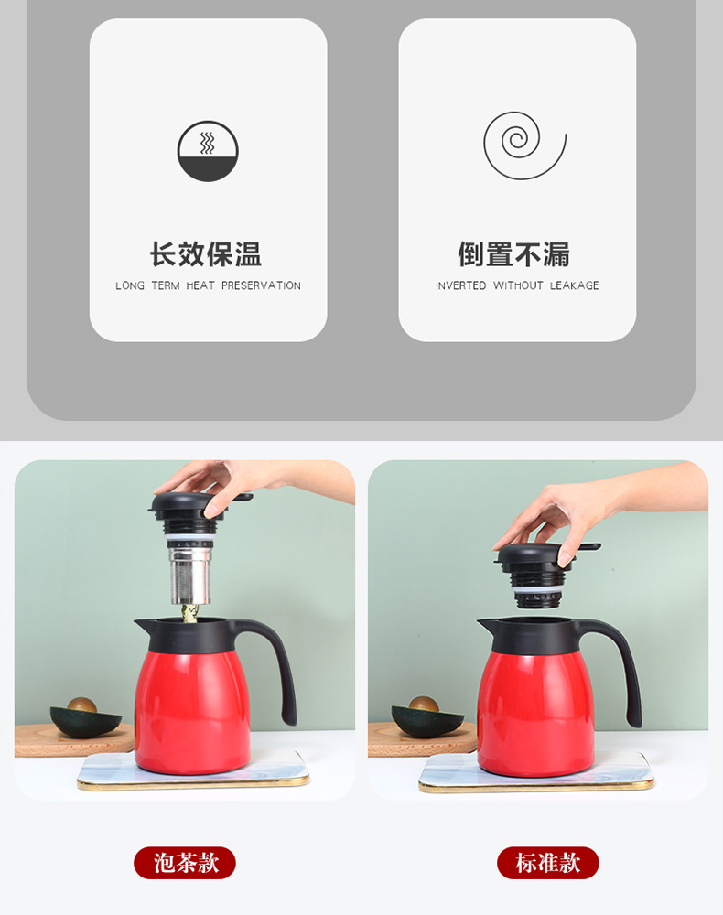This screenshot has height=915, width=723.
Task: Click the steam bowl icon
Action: coord(208,151)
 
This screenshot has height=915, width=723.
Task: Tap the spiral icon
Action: coord(524,145)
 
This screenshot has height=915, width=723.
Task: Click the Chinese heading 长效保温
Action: coord(206,254)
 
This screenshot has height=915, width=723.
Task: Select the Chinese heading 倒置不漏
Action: coord(513,254)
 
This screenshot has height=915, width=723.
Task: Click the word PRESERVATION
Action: coord(261,285)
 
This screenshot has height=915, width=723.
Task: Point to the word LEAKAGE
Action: coord(574,285)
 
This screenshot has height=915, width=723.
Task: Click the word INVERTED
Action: coord(460,285)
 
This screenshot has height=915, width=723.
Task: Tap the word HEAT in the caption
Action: coord(200,285)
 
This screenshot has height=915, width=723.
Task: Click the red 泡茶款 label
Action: coord(185,863)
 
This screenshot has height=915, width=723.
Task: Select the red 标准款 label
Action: coord(548,863)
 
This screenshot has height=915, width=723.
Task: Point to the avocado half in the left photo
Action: coord(85,717)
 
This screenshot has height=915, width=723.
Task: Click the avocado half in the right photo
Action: coord(426,717)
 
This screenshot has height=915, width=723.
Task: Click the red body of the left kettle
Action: coord(192,712)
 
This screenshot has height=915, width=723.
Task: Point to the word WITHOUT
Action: coord(518,285)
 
